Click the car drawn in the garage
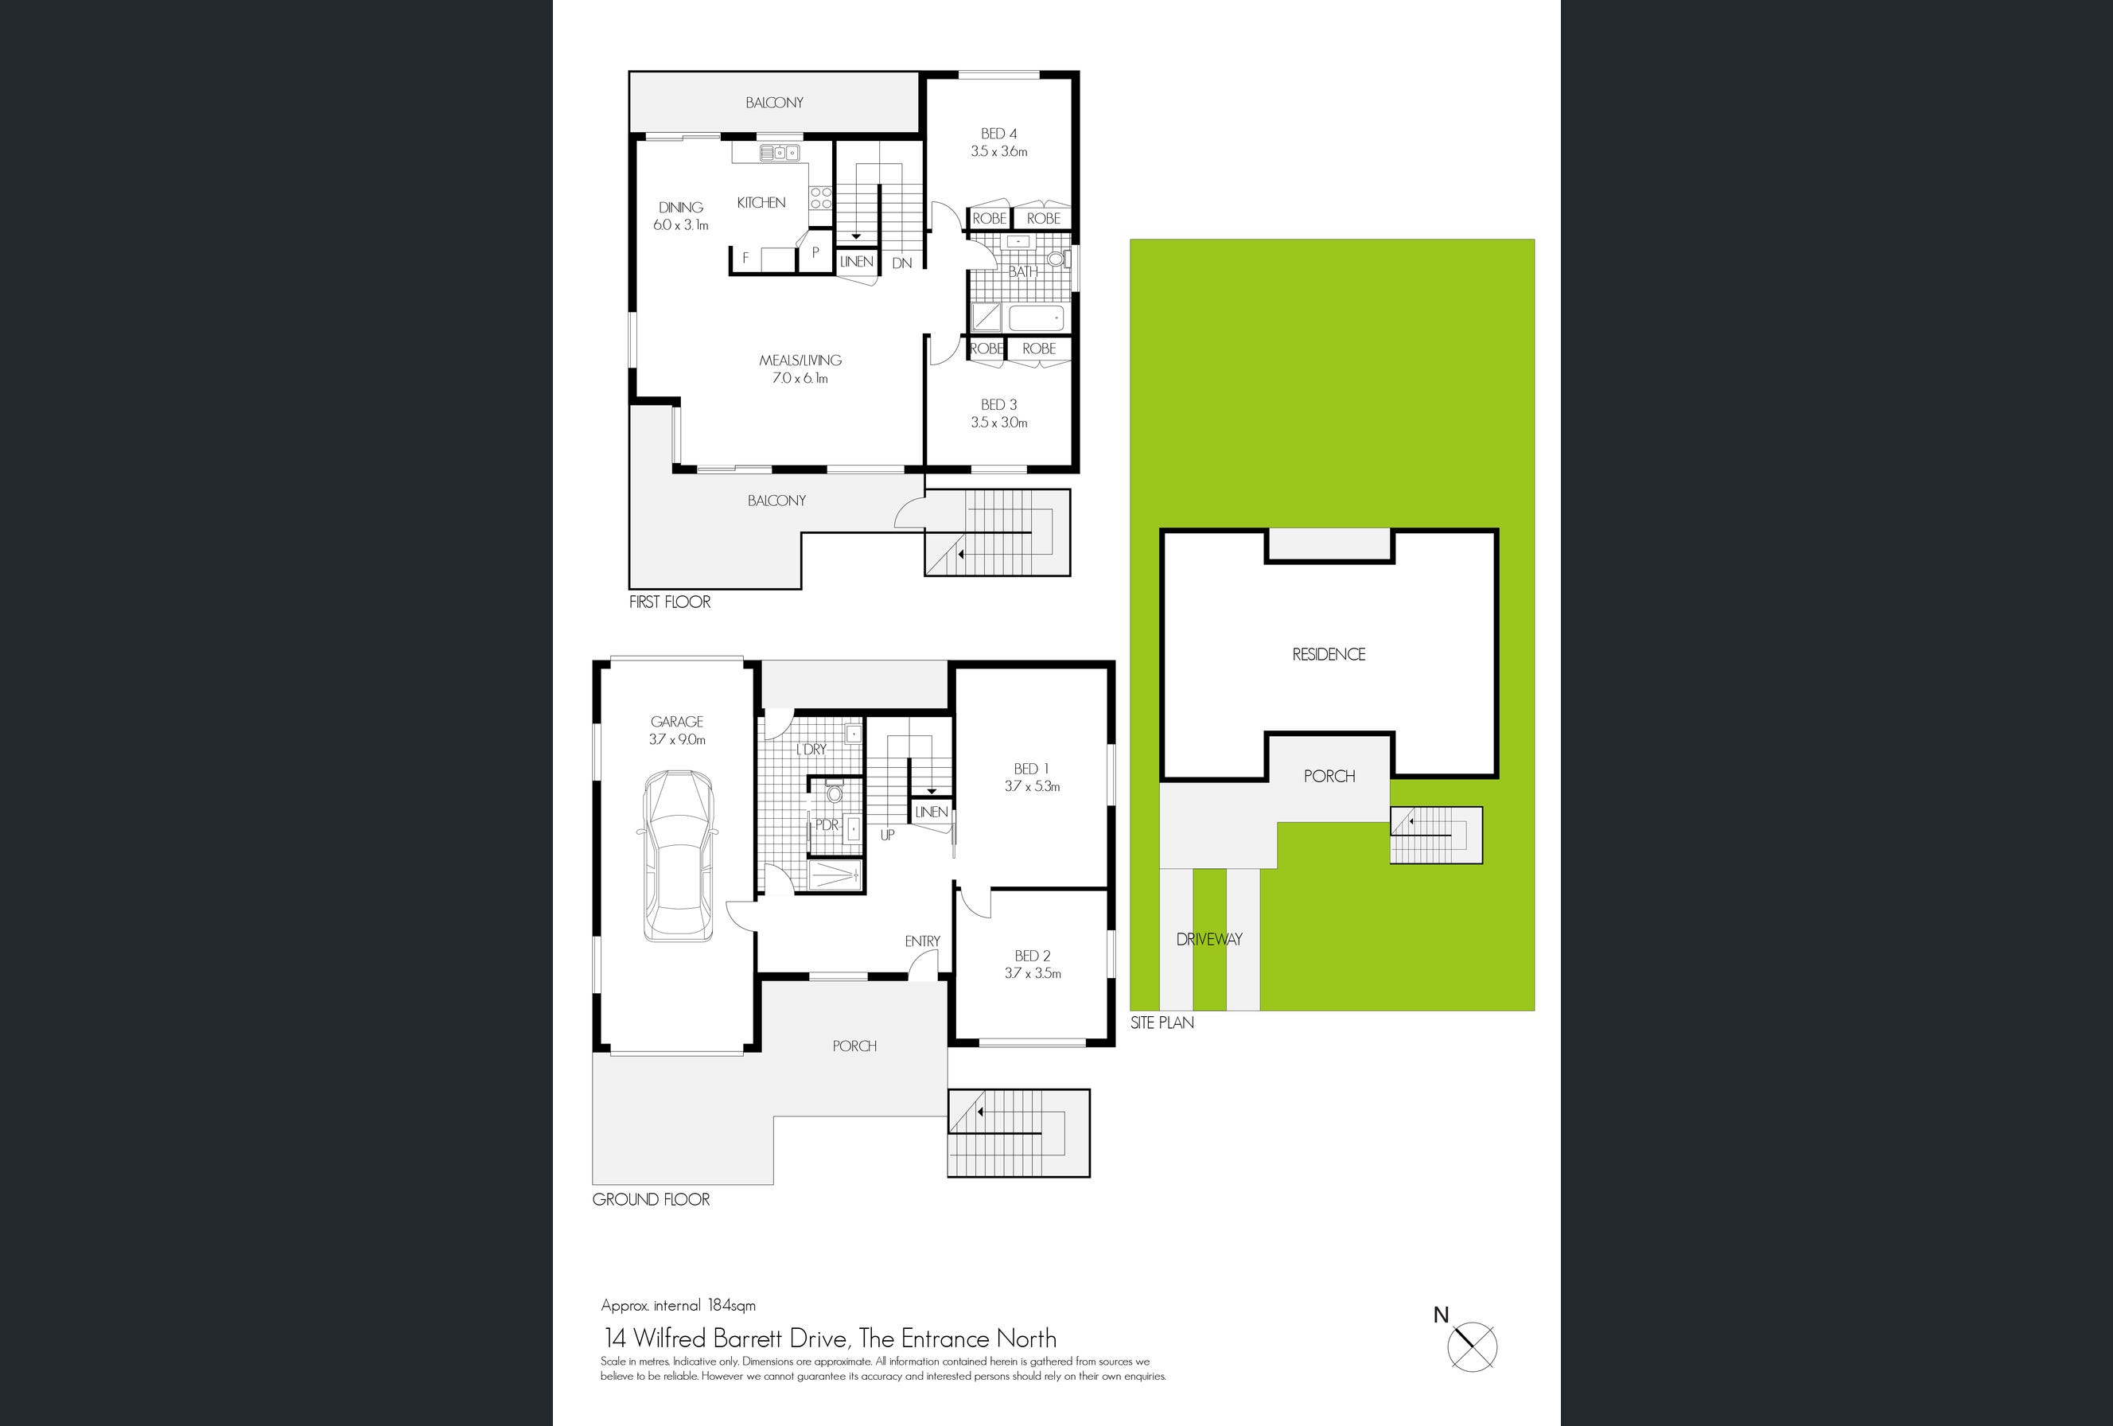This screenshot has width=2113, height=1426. [679, 855]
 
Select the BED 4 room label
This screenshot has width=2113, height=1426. [998, 134]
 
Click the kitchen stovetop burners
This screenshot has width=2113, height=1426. [820, 198]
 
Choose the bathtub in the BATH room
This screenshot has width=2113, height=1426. [1036, 318]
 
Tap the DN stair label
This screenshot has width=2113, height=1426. [902, 263]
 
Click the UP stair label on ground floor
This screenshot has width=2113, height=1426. [887, 835]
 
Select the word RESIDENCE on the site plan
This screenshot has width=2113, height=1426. [1329, 655]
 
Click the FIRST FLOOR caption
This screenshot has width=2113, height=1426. [669, 602]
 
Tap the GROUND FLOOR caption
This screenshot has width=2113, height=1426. [651, 1199]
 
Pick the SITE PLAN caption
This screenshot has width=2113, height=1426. [1162, 1023]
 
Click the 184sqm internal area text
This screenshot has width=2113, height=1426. [731, 1306]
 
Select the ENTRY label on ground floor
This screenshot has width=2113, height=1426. [922, 941]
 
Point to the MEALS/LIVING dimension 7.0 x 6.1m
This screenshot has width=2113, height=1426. [800, 378]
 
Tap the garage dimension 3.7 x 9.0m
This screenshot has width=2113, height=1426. [677, 740]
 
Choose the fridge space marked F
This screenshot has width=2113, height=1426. [745, 259]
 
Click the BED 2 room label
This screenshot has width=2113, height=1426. [1032, 956]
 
